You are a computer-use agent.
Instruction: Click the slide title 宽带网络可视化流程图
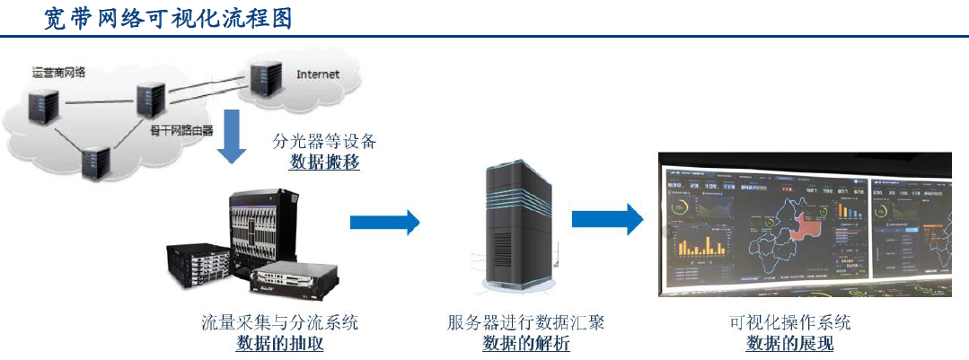tap(168, 18)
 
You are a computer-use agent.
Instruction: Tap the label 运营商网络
tap(57, 73)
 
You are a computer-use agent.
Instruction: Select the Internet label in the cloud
tap(318, 75)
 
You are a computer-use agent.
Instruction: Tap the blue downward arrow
tap(232, 135)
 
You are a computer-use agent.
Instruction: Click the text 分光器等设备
tap(324, 142)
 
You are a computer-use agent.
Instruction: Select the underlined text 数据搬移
tap(324, 162)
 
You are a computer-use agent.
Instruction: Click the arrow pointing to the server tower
tap(384, 221)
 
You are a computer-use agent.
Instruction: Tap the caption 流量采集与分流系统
tap(280, 321)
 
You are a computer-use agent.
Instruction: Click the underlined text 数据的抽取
tap(280, 343)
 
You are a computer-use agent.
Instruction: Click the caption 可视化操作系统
tap(790, 321)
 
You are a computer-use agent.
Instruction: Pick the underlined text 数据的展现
tap(790, 343)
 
